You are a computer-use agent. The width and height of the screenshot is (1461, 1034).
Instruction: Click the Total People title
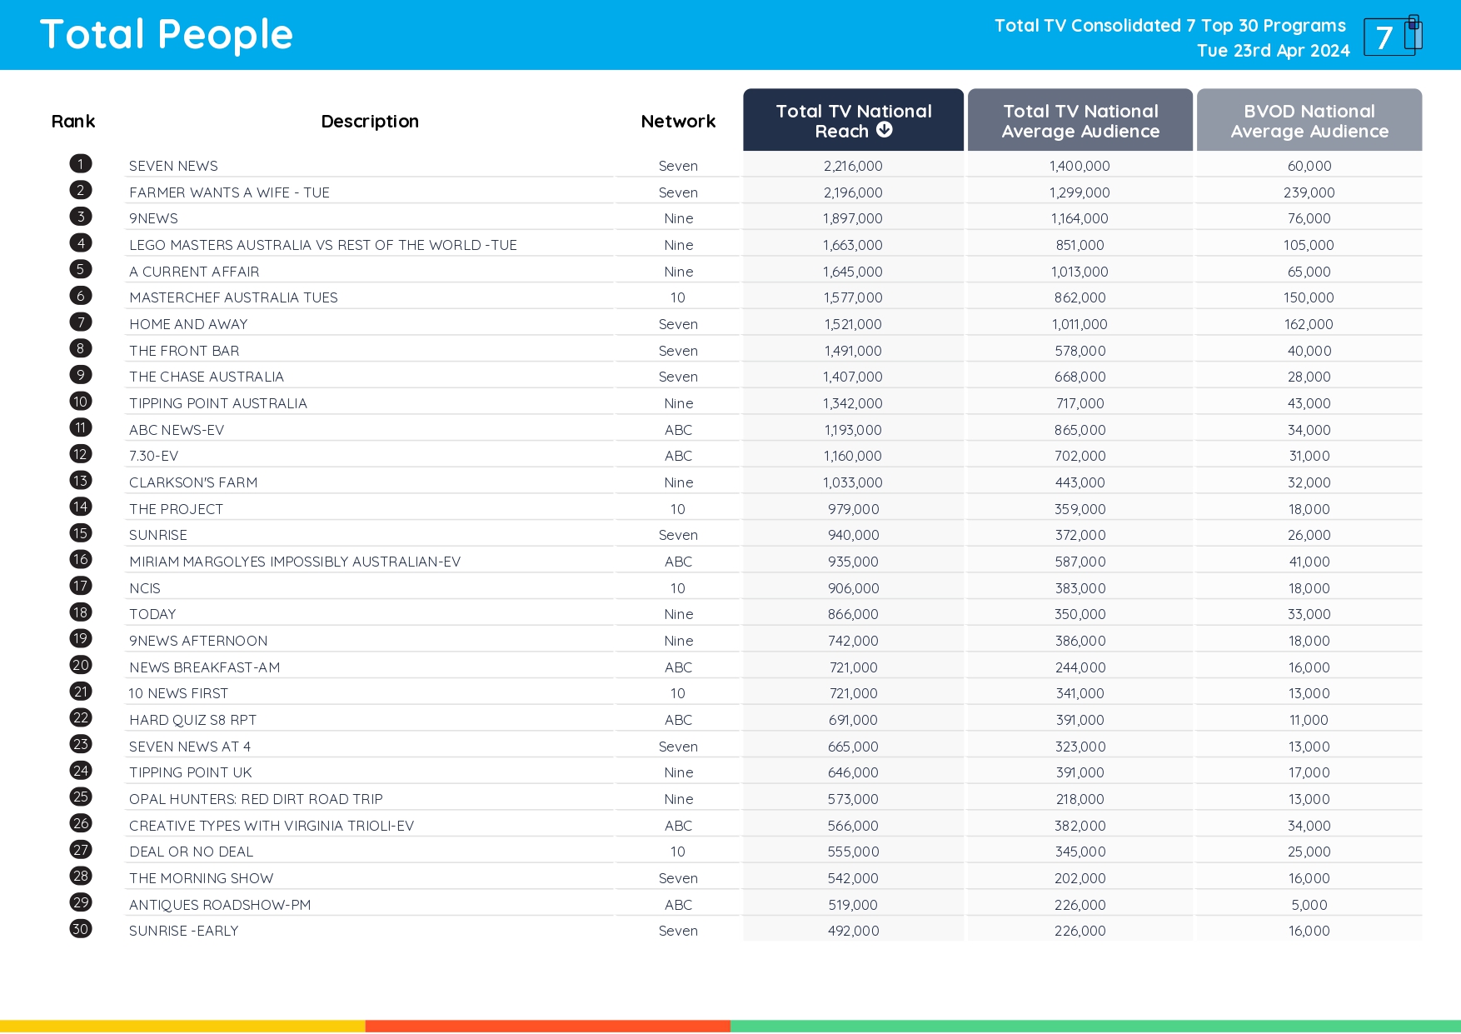(x=167, y=35)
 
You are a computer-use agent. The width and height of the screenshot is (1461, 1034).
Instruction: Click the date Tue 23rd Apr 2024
(x=1273, y=51)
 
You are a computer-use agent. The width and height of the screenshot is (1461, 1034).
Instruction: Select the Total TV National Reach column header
(x=853, y=121)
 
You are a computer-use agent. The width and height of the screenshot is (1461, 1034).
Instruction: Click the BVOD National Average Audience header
(x=1309, y=121)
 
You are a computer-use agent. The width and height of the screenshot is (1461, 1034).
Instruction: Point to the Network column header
(x=678, y=122)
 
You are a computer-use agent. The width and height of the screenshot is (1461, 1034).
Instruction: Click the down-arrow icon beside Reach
(x=885, y=130)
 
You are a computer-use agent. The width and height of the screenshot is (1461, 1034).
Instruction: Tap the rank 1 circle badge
(x=81, y=164)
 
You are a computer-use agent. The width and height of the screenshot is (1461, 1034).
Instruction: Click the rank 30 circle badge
(x=81, y=929)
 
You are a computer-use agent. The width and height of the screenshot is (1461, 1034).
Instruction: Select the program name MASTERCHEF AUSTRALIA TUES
(x=233, y=298)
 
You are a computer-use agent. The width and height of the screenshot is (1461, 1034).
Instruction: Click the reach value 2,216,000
(x=853, y=167)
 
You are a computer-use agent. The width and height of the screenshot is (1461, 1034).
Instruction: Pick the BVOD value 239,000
(x=1309, y=193)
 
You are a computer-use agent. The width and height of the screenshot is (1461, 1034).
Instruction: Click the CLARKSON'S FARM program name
(x=193, y=483)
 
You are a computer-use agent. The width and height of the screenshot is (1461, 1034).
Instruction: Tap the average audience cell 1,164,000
(x=1080, y=219)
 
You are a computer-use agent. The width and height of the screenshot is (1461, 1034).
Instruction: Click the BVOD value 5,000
(x=1309, y=906)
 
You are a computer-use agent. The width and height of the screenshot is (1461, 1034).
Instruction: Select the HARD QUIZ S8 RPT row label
(x=192, y=721)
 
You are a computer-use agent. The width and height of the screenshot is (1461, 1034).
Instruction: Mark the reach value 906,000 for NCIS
(x=853, y=589)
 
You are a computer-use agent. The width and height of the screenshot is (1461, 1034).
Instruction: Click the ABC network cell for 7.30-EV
(x=678, y=457)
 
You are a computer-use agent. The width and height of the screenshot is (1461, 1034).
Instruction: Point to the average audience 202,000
(x=1080, y=879)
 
